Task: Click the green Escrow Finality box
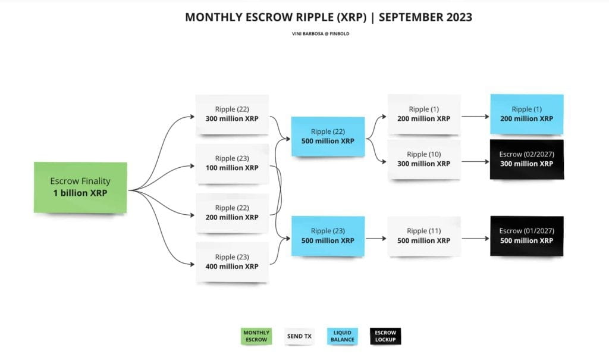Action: point(80,187)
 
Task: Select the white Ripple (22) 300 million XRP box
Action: point(232,114)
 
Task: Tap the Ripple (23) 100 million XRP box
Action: point(232,163)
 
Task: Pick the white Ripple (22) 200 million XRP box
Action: point(232,212)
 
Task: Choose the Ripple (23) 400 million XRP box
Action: point(232,262)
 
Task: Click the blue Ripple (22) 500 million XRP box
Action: point(328,136)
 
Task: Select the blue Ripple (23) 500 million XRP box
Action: point(328,236)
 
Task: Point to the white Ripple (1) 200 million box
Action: point(423,114)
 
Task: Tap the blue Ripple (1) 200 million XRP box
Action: point(526,114)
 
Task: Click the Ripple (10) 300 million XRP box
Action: point(423,159)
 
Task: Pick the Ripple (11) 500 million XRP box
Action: point(423,236)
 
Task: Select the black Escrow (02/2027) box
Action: point(526,159)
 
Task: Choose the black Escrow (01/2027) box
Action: point(526,236)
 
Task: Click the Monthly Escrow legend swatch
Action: point(256,336)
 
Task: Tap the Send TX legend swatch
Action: point(299,336)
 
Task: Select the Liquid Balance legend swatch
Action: point(342,336)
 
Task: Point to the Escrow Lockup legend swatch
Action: point(385,336)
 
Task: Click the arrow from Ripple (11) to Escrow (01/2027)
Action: point(475,239)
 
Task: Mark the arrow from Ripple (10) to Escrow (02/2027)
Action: point(475,161)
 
